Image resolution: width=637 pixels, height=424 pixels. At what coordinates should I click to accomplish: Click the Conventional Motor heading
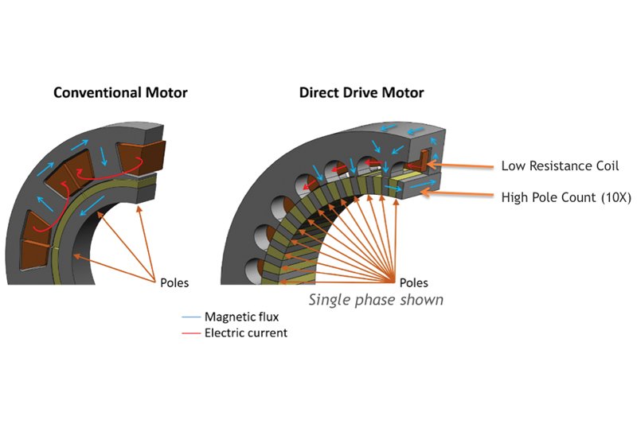pyautogui.click(x=120, y=92)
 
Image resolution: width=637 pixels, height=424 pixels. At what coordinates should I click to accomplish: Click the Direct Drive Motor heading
pyautogui.click(x=361, y=92)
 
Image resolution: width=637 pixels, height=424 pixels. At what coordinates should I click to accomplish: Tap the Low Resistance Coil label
pyautogui.click(x=560, y=166)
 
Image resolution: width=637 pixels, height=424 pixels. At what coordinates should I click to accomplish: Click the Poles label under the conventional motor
pyautogui.click(x=174, y=282)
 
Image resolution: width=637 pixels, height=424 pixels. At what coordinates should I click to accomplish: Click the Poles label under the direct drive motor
pyautogui.click(x=413, y=282)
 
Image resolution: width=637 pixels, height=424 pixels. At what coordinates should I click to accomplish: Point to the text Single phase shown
pyautogui.click(x=376, y=300)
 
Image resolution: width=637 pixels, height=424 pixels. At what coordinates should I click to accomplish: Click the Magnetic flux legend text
pyautogui.click(x=241, y=317)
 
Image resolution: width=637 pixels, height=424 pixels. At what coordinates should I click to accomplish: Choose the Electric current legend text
pyautogui.click(x=246, y=333)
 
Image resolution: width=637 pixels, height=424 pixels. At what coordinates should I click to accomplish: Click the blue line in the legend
pyautogui.click(x=191, y=317)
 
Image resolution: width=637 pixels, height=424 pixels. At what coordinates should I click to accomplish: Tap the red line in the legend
pyautogui.click(x=191, y=333)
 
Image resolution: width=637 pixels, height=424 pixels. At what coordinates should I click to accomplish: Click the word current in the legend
pyautogui.click(x=268, y=333)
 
